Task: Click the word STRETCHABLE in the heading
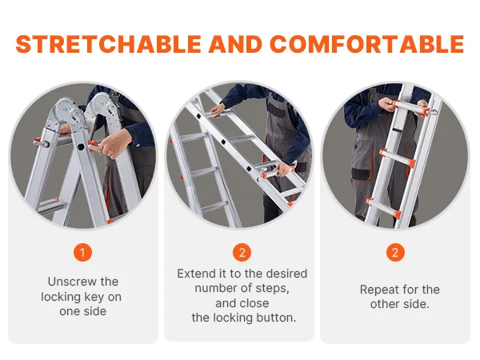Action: (x=108, y=44)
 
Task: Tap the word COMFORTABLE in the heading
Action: (x=367, y=44)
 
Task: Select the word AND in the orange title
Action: (x=235, y=44)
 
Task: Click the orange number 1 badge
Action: (x=82, y=253)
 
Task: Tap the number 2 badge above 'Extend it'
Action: (x=242, y=253)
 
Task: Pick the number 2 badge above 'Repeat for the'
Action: (x=395, y=253)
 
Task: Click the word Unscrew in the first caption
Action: (x=72, y=282)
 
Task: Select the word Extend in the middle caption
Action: (x=194, y=274)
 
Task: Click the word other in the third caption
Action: (x=384, y=304)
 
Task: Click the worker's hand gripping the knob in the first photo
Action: (x=114, y=143)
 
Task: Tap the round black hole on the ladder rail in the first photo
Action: (x=81, y=147)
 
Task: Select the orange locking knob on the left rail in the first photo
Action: (x=38, y=142)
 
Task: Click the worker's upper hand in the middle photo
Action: (x=218, y=110)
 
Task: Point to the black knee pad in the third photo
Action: (x=360, y=174)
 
